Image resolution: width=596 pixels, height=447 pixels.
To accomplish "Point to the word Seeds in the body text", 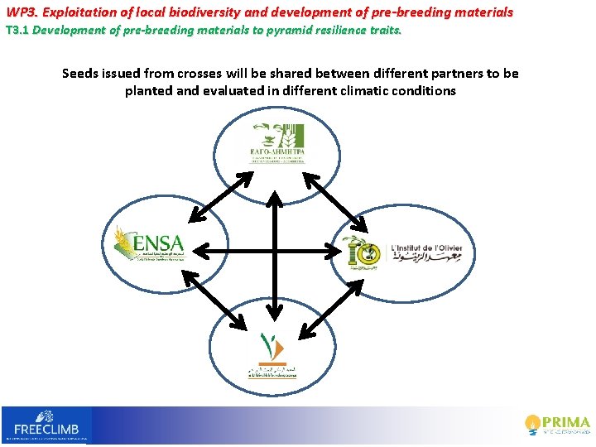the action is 81,74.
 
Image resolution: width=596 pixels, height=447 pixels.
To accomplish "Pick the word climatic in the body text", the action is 371,91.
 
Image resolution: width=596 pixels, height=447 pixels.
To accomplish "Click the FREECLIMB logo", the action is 46,424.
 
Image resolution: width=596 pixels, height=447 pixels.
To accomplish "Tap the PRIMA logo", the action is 558,424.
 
